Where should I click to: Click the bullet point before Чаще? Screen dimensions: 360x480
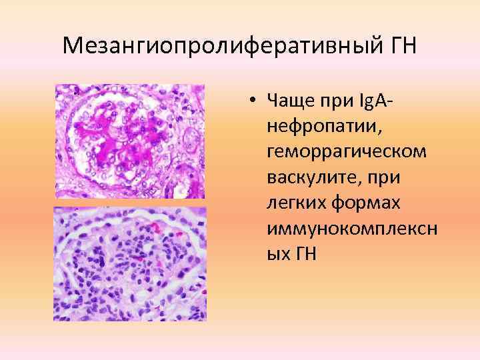[x=255, y=101]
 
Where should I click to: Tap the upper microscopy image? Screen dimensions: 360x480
[x=129, y=141]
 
